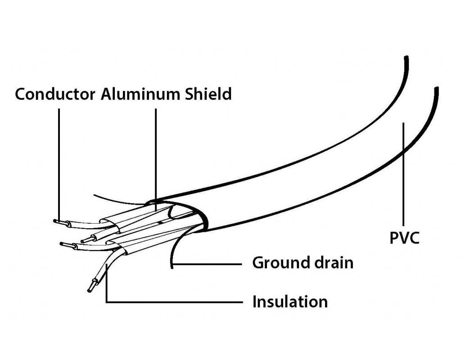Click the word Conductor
point(55,94)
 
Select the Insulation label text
point(289,301)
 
